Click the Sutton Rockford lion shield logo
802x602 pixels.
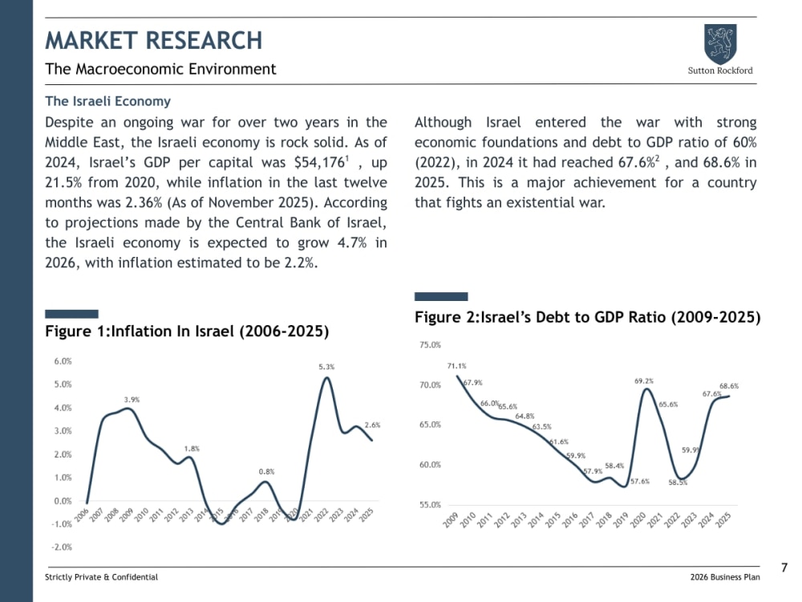tap(720, 43)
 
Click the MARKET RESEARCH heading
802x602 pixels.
tap(153, 40)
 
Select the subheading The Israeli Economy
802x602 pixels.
tap(108, 101)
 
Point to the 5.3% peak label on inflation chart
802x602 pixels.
tap(326, 367)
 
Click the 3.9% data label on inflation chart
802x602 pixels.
tap(132, 399)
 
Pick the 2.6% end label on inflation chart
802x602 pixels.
tap(372, 425)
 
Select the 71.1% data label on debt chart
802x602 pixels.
tap(457, 366)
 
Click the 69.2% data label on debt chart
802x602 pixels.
tap(644, 380)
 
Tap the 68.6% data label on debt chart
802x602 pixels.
tap(729, 386)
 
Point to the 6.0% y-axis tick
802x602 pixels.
tap(63, 361)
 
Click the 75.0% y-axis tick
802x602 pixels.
tap(430, 345)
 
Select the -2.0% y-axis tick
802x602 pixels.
tap(62, 547)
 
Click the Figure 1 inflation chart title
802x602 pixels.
tap(187, 332)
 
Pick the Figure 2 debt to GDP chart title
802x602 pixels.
tap(588, 317)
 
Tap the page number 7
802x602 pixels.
tap(784, 567)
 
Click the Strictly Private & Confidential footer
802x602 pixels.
tap(101, 577)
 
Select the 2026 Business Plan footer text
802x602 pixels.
tap(725, 577)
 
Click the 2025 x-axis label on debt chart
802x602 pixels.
tap(723, 519)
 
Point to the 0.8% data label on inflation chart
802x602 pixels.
tap(266, 471)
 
